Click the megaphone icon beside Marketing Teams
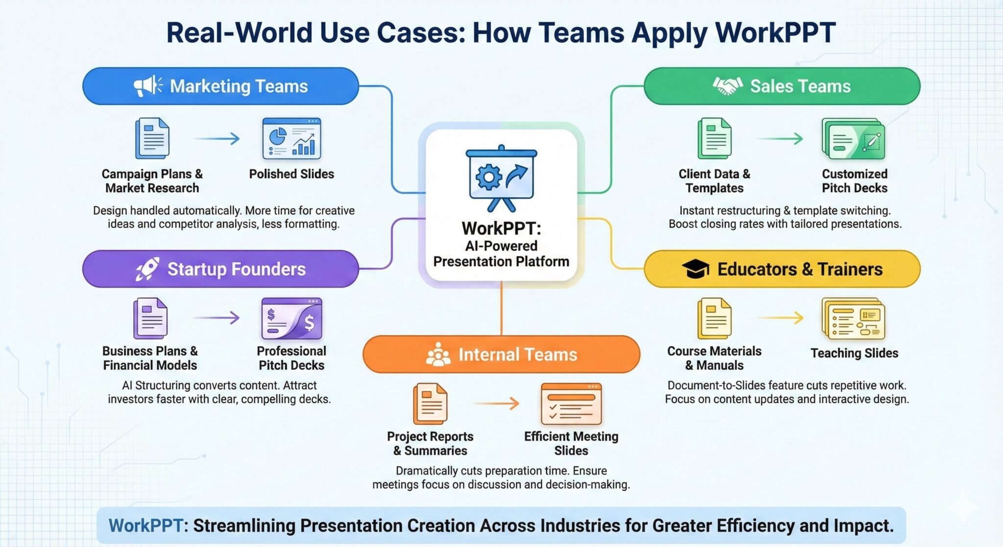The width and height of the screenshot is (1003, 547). point(147,86)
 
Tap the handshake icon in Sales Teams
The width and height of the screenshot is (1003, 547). point(727,86)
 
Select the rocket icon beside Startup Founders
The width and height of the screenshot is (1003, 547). point(147,269)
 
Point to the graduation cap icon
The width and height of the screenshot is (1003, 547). point(695,269)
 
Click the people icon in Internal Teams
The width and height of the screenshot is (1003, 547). point(438,355)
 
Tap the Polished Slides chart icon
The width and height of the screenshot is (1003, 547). point(291,139)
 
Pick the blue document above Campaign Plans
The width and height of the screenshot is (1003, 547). point(152,139)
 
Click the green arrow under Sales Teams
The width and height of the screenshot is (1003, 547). point(780,139)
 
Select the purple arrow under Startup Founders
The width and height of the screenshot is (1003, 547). point(216,318)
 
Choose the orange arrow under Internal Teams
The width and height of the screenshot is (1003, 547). point(496,404)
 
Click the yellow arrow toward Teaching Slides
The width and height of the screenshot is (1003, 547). point(780,318)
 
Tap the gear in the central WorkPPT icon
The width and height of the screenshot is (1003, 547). point(488,177)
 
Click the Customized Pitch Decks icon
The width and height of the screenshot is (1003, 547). point(853,139)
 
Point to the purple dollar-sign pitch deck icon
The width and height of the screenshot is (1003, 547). point(291,319)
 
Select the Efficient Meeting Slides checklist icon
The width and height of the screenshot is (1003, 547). point(571,404)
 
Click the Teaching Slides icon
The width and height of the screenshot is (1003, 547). point(853,319)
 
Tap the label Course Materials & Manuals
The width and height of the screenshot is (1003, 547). point(714,358)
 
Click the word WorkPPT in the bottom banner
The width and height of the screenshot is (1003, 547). point(145,525)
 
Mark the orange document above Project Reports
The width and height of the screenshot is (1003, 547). point(430,404)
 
